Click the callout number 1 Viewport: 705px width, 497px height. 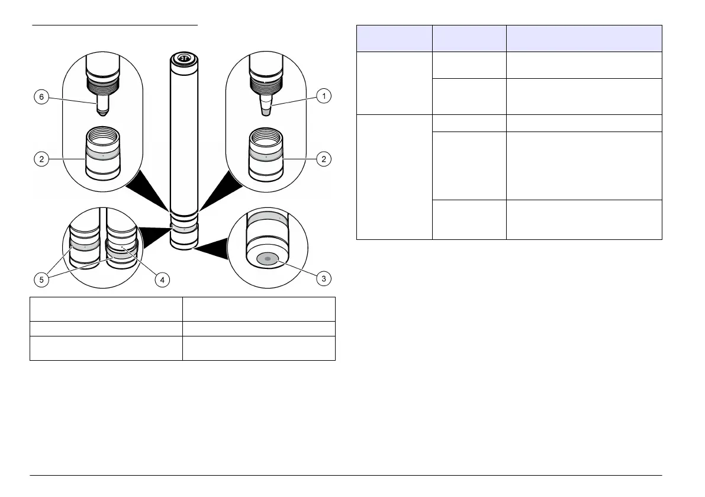pyautogui.click(x=323, y=95)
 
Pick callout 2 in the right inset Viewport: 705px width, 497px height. pyautogui.click(x=323, y=159)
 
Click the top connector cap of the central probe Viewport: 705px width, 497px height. pyautogui.click(x=184, y=58)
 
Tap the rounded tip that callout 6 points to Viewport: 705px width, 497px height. pyautogui.click(x=103, y=111)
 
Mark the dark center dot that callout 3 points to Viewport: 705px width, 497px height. pyautogui.click(x=267, y=259)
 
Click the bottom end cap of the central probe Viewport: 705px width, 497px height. pyautogui.click(x=184, y=243)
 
